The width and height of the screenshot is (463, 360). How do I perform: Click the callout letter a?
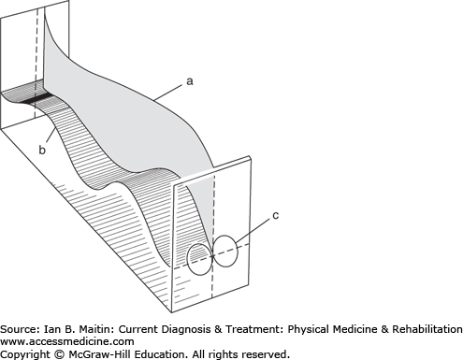[190, 81]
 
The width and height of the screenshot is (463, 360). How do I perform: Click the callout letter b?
[42, 150]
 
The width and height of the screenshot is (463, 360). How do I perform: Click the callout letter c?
[276, 215]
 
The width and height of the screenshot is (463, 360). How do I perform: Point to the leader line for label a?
[167, 93]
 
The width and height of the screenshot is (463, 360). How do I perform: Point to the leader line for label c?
[253, 231]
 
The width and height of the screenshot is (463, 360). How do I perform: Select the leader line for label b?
[51, 136]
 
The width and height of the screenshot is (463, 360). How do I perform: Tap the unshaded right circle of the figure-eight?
[225, 251]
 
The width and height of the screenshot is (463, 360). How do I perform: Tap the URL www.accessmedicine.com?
[67, 341]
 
